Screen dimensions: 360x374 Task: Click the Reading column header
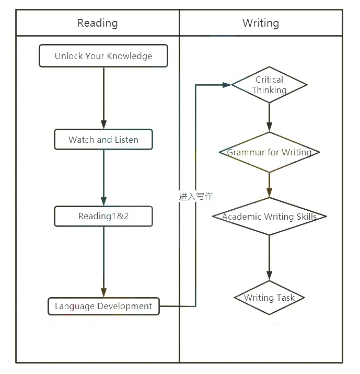click(x=97, y=23)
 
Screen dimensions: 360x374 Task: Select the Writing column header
click(x=261, y=23)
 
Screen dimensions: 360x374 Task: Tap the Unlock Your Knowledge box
click(x=103, y=56)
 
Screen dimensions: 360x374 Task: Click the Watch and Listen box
click(x=103, y=140)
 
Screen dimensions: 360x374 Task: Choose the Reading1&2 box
click(x=103, y=216)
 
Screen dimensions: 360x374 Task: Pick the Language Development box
click(x=103, y=306)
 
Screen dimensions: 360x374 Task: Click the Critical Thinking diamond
click(x=269, y=85)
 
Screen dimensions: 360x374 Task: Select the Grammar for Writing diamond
click(x=269, y=152)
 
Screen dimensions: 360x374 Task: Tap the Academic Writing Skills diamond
click(x=269, y=217)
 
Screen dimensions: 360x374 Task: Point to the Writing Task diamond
click(x=269, y=298)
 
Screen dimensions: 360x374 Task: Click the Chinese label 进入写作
click(x=195, y=197)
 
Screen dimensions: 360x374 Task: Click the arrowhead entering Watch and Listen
click(x=103, y=124)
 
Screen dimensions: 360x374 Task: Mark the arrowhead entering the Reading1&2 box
click(x=103, y=201)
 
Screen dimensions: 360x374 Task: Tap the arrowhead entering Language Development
click(x=103, y=293)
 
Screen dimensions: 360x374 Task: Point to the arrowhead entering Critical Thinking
click(x=227, y=85)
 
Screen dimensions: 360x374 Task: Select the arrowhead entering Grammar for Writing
click(x=269, y=128)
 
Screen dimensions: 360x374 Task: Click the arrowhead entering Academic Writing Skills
click(x=269, y=192)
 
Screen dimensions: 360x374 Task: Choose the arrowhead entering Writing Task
click(x=269, y=276)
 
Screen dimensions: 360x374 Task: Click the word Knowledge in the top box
click(x=130, y=56)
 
